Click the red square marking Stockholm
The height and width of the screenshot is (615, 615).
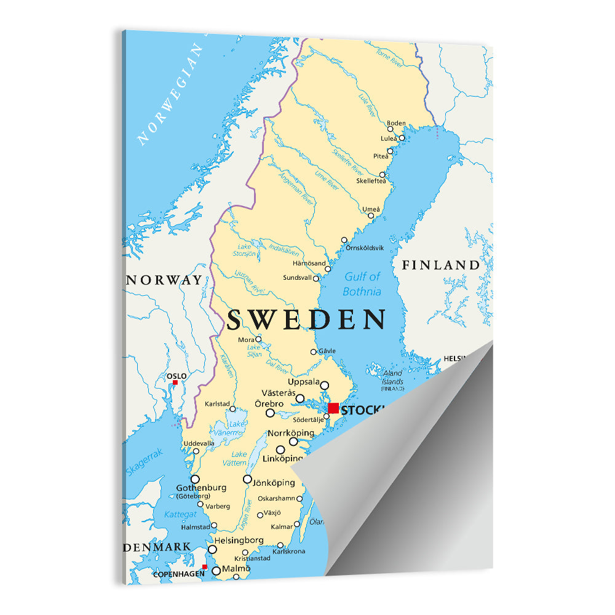333,408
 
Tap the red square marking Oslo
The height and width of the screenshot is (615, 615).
175,383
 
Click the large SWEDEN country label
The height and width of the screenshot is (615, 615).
306,320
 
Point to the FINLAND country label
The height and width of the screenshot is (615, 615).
440,266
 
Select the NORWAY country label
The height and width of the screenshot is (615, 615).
164,280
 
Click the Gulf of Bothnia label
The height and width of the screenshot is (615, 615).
362,284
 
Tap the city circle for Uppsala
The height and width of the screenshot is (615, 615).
325,386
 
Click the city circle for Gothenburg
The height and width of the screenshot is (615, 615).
195,478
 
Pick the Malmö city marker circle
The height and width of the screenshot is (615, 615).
216,571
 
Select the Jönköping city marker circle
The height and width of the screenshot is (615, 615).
247,478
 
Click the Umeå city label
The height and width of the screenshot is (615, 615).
371,209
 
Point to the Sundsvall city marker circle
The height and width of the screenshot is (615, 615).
316,279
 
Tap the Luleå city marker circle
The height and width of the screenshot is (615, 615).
402,138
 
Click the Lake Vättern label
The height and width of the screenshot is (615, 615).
239,458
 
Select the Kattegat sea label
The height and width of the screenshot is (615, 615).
180,514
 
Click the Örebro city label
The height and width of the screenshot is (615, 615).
269,403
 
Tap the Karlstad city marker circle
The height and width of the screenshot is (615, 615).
232,409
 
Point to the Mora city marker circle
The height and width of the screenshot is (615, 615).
258,339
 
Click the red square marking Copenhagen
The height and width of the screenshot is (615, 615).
205,567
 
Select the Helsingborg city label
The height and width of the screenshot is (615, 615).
239,540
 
